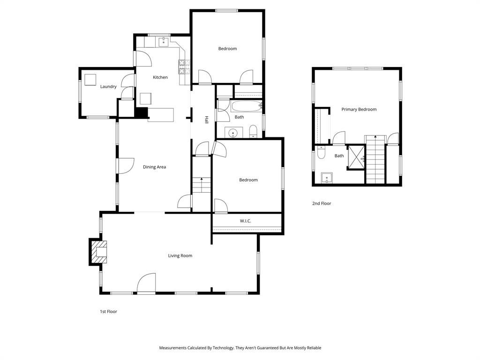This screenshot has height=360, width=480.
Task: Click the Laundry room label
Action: [x=108, y=87]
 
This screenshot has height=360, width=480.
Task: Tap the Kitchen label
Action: [x=160, y=77]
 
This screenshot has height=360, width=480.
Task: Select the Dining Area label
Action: [x=154, y=167]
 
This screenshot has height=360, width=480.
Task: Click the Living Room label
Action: [x=180, y=255]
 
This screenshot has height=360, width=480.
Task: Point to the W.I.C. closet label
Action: [x=246, y=221]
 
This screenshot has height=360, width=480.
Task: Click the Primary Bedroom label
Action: [x=359, y=110]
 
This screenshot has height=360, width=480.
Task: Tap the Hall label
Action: [x=206, y=120]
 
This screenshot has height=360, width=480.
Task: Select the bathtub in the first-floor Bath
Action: [x=246, y=106]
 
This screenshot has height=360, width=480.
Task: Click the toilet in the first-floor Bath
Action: [x=253, y=131]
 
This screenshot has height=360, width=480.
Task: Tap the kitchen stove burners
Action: [x=184, y=67]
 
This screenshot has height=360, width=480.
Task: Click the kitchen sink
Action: [x=163, y=43]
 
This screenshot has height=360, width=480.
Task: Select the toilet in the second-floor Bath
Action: [x=321, y=152]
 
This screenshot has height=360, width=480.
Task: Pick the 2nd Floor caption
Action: [x=322, y=203]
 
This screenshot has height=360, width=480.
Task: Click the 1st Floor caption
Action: [x=108, y=311]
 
